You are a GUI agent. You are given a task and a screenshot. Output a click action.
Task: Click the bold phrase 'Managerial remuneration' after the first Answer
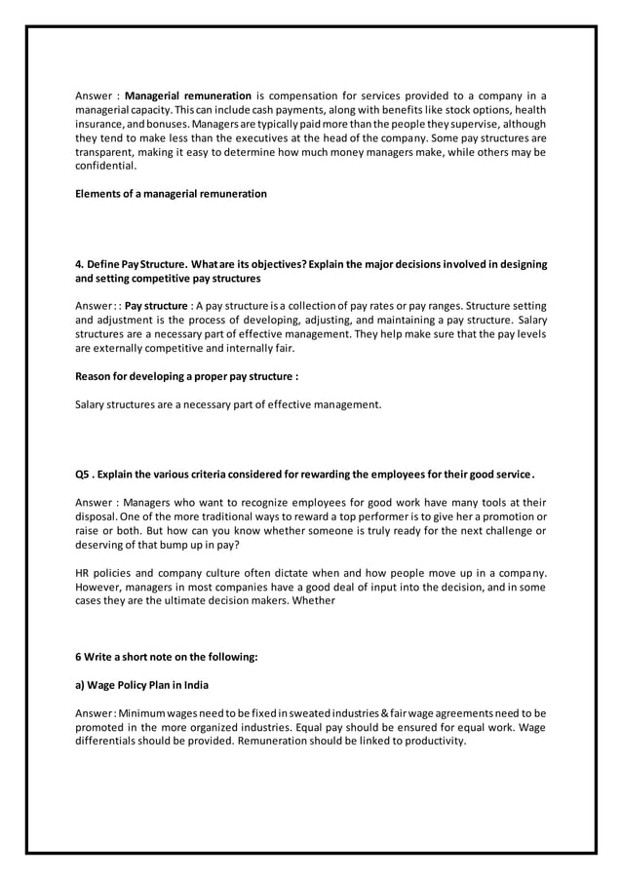tap(188, 96)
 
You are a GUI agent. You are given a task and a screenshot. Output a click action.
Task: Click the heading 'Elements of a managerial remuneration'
tap(171, 194)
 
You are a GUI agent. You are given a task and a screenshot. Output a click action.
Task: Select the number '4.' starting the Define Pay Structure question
tap(80, 264)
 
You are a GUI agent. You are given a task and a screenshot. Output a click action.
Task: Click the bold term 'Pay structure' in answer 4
tap(158, 306)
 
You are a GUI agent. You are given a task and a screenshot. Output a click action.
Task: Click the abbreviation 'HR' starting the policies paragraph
tap(83, 573)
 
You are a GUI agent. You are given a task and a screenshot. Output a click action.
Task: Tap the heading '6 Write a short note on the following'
tap(167, 657)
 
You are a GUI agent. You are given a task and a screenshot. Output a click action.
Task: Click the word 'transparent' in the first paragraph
tap(104, 153)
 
